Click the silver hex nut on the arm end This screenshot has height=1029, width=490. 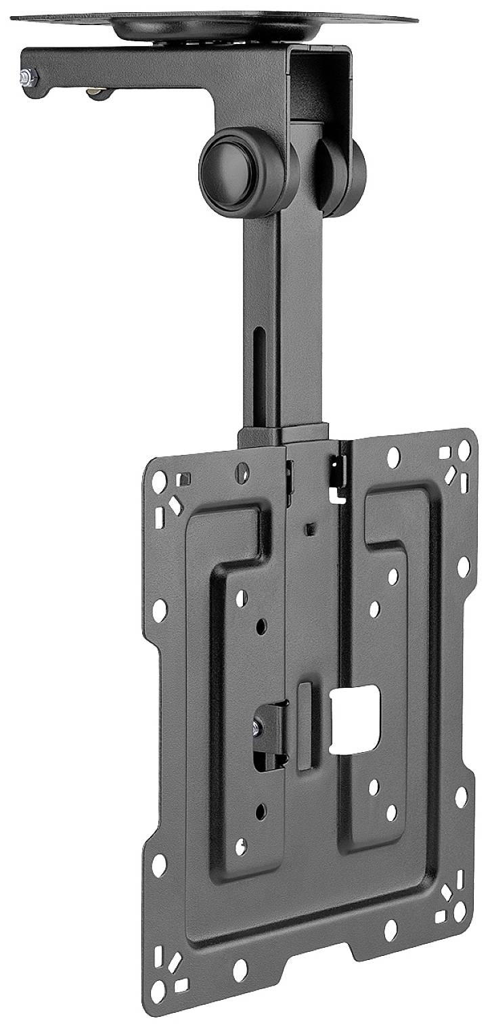click(28, 76)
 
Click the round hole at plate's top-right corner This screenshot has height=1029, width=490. click(464, 450)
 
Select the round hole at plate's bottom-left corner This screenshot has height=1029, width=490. click(158, 992)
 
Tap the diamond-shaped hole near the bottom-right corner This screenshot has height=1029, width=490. click(447, 893)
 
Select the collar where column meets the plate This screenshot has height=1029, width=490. click(283, 435)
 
